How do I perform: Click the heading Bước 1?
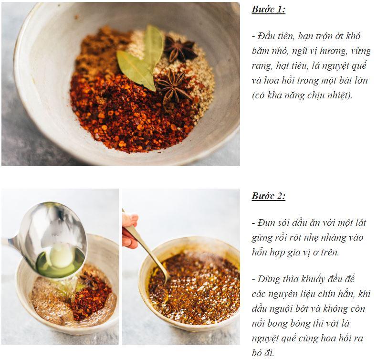pos(268,10)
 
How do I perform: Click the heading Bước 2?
pos(268,196)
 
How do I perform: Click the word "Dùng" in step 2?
pos(268,279)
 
